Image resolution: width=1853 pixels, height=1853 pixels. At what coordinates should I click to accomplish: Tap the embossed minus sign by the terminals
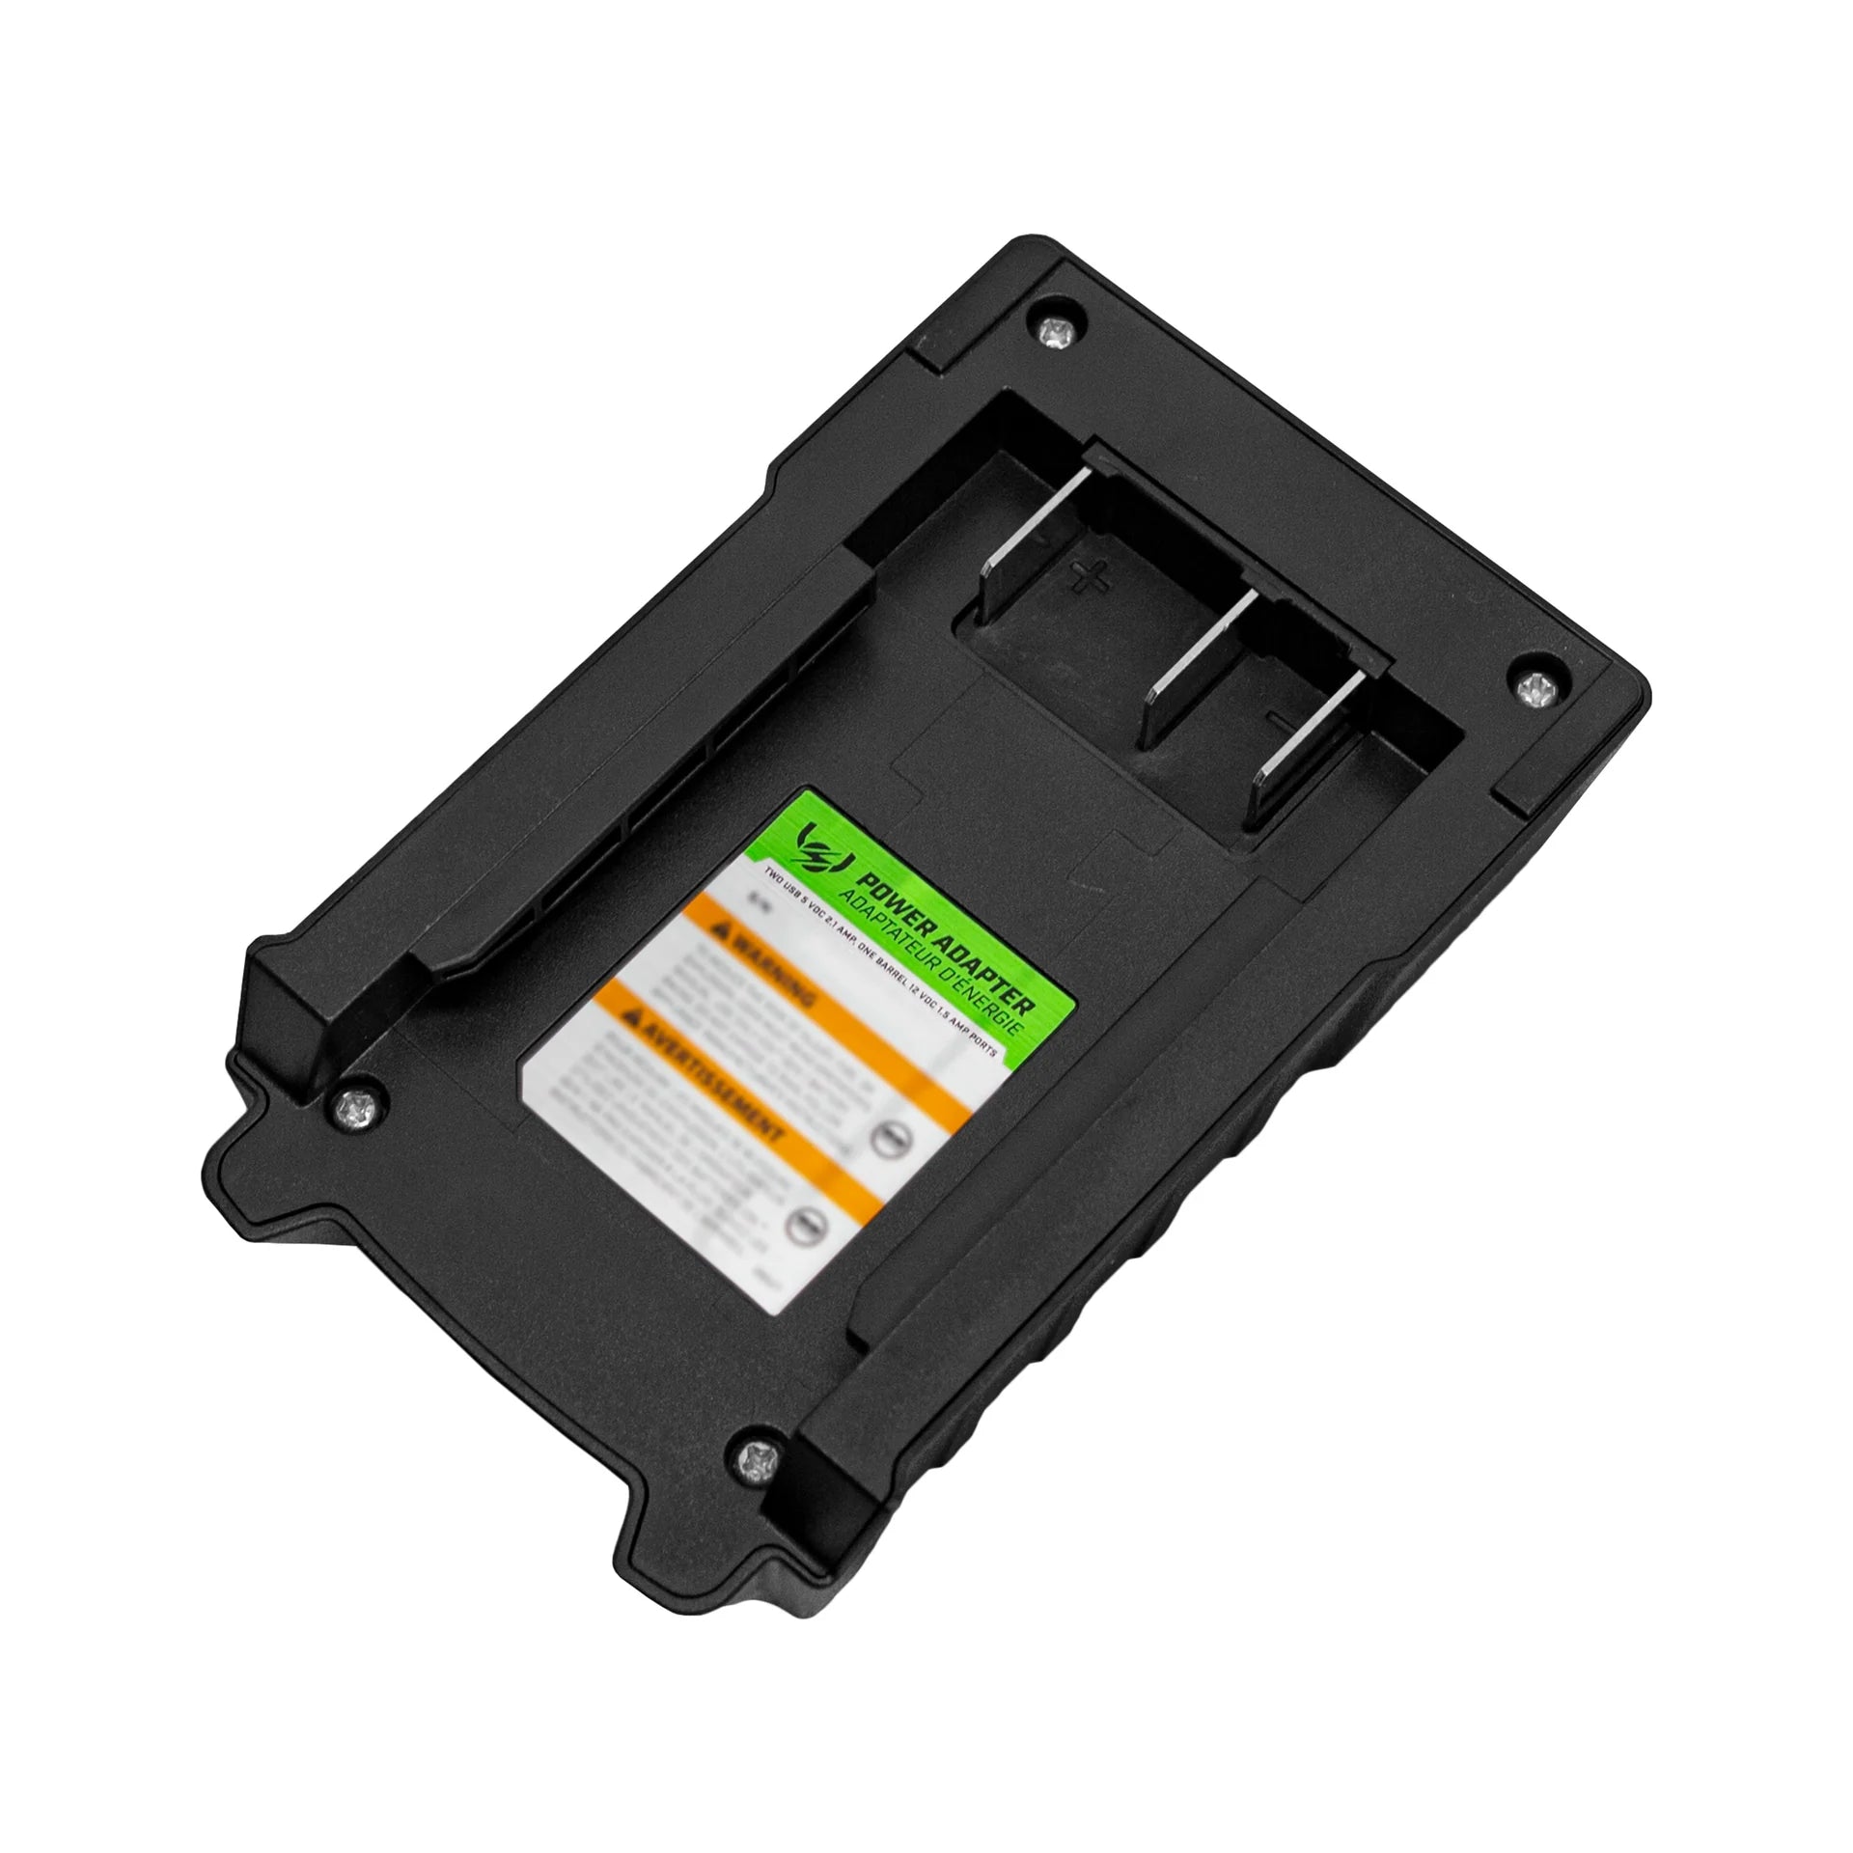coord(1280,719)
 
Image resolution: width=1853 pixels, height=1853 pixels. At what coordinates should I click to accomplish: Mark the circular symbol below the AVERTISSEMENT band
coord(803,1226)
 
